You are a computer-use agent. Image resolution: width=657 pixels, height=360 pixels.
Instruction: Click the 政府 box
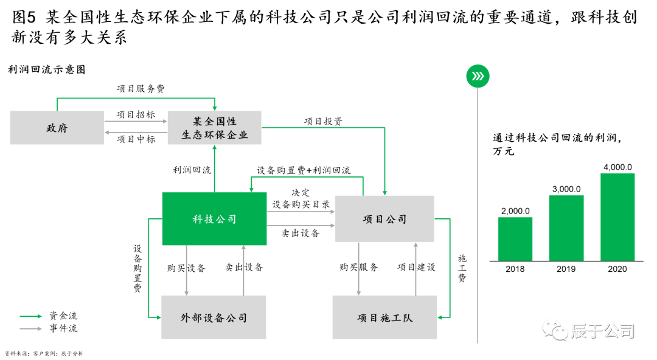[57, 128]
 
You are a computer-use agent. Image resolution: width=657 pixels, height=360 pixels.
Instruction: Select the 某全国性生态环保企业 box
[214, 128]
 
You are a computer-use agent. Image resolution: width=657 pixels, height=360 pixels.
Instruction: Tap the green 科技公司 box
[214, 219]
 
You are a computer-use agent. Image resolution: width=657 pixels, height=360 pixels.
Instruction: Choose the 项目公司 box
[384, 219]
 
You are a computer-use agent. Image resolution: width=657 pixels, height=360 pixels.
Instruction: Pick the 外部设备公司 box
[214, 317]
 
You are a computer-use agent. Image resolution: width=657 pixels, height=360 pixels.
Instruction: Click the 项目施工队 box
[384, 317]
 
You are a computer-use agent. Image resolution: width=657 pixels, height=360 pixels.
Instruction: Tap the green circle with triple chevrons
[478, 76]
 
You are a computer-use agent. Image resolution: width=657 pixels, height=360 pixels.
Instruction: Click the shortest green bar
[515, 239]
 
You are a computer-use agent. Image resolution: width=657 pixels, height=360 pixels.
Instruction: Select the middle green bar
[566, 228]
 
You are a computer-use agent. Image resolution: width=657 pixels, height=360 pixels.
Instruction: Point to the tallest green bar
[617, 217]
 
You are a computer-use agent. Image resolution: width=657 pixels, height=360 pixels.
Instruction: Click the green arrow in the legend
[31, 316]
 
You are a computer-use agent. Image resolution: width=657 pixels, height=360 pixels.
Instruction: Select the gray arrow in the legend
[31, 329]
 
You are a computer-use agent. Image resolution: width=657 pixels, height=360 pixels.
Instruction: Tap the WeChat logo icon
[555, 330]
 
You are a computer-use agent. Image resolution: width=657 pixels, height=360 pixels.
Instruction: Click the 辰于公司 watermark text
[602, 331]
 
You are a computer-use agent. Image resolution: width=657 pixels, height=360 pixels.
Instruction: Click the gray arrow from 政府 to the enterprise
[136, 122]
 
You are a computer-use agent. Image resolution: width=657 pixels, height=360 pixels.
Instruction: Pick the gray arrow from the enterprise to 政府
[136, 132]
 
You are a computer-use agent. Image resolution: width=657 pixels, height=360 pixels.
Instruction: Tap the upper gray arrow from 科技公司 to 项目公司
[301, 212]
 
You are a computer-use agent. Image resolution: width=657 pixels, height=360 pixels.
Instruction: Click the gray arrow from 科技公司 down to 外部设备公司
[187, 271]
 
